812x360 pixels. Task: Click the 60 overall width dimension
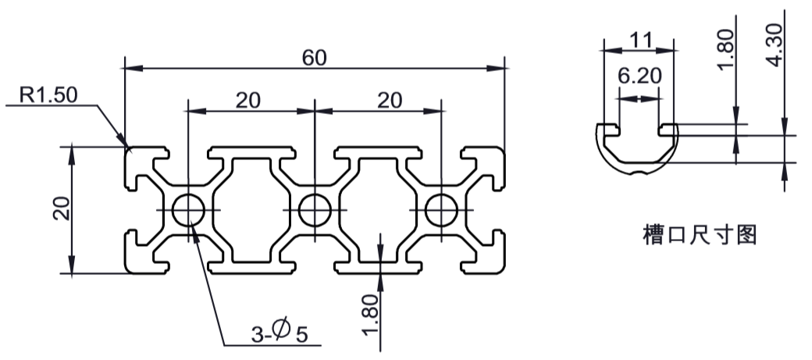tap(315, 58)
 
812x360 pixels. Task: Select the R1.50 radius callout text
tap(48, 94)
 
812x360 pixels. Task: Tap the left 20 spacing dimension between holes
tap(248, 101)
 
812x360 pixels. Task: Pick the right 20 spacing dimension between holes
tap(390, 101)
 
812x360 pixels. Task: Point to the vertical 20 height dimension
tap(62, 209)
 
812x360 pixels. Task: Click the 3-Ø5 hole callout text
tap(280, 333)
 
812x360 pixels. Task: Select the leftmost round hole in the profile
tap(188, 210)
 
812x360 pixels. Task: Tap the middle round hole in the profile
tap(315, 210)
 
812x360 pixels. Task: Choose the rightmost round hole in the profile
tap(442, 210)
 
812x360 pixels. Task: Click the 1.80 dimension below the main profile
tap(372, 315)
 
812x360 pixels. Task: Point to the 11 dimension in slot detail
tap(641, 40)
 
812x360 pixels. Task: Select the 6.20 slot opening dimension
tap(640, 77)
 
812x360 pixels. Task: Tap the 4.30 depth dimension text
tap(775, 45)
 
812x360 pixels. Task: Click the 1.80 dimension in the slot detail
tap(726, 48)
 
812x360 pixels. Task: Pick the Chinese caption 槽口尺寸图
tap(700, 234)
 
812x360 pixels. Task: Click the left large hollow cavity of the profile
tap(251, 210)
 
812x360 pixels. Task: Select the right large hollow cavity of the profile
tap(379, 210)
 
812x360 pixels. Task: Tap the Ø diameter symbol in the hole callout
tap(280, 330)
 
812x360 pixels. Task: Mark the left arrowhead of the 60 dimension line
tap(134, 68)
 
